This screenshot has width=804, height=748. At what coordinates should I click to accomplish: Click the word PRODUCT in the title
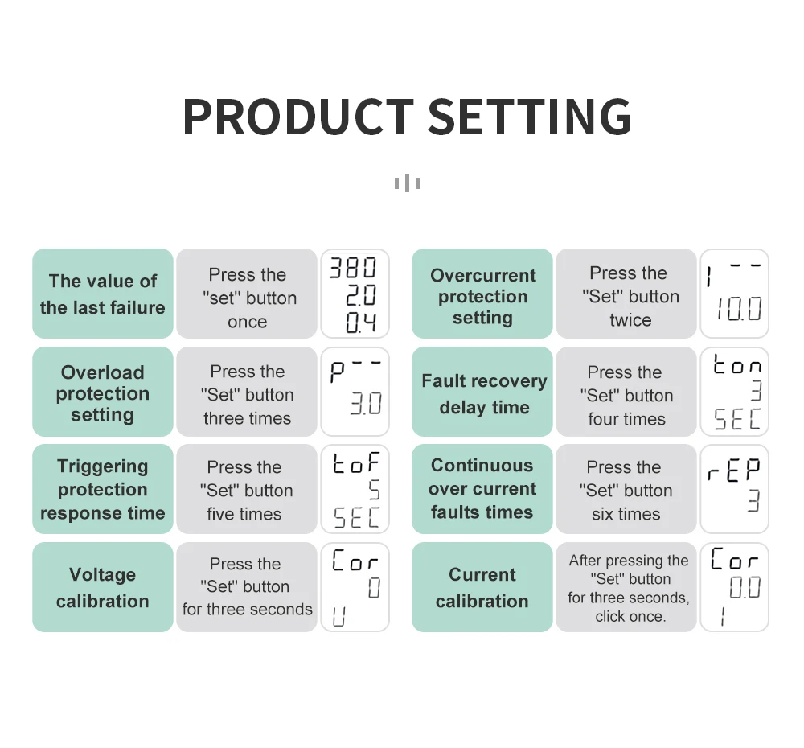point(297,117)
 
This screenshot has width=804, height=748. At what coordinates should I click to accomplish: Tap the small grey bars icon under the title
point(407,183)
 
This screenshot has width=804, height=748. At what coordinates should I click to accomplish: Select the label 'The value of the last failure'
point(103,294)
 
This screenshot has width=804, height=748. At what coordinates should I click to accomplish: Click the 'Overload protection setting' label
point(103,393)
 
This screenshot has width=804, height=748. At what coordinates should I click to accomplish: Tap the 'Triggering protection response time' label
point(103,489)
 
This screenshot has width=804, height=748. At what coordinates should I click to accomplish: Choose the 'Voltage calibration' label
point(103,587)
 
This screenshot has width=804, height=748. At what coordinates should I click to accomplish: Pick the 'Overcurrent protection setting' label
point(482,296)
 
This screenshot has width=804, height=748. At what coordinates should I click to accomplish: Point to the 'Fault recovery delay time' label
point(483,393)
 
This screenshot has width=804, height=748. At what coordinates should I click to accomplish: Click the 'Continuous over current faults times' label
point(482,489)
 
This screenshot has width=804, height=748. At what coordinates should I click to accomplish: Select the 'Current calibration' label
point(482,587)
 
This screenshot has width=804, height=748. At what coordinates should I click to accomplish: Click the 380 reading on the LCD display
point(354,268)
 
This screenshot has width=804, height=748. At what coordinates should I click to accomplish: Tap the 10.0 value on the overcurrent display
point(739,309)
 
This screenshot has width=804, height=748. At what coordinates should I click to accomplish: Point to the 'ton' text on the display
point(737,367)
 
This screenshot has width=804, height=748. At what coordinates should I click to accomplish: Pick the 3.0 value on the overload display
point(366,403)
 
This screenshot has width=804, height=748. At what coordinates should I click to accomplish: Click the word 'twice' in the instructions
point(630,320)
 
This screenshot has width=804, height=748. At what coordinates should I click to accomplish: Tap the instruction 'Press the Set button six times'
point(626,490)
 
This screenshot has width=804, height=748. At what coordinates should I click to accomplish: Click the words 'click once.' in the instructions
point(630,617)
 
